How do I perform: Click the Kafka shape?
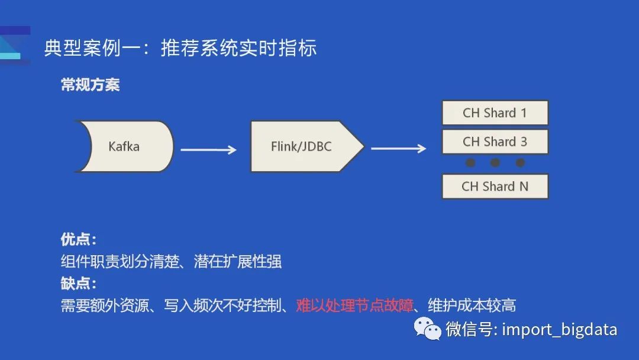[x=124, y=146]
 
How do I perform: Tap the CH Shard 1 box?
[x=495, y=112]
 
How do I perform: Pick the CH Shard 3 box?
[x=495, y=142]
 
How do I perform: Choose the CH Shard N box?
[x=495, y=186]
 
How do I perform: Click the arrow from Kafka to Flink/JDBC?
[x=208, y=150]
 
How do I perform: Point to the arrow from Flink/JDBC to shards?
[x=398, y=148]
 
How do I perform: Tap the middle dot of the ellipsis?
[x=495, y=163]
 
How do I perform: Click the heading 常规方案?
[x=90, y=85]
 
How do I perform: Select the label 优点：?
[x=78, y=239]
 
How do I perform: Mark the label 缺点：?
[x=78, y=283]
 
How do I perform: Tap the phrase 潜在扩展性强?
[x=238, y=261]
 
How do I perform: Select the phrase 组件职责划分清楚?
[x=120, y=261]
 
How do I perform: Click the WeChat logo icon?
[x=427, y=328]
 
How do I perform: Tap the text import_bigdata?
[x=559, y=329]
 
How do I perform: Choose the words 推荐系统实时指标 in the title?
[x=238, y=48]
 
